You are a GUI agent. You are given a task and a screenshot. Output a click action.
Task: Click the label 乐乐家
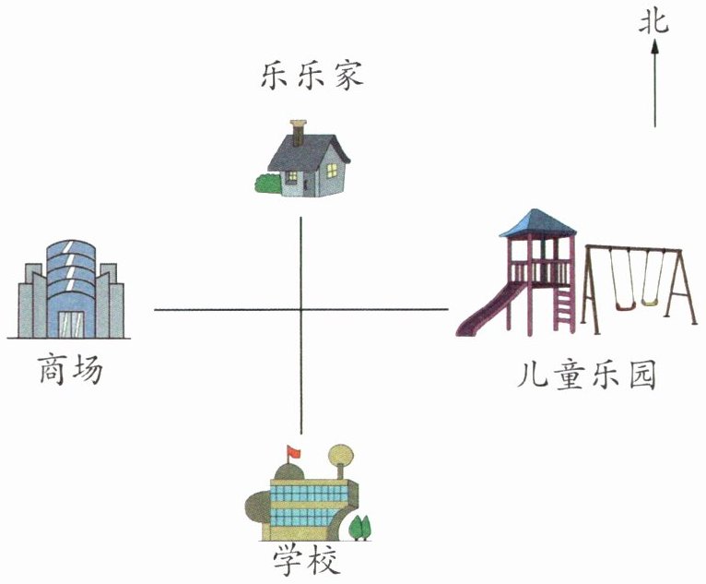tap(311, 75)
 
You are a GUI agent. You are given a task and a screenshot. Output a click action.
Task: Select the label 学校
tap(306, 560)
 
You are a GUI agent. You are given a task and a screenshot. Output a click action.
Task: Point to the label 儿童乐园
tap(587, 377)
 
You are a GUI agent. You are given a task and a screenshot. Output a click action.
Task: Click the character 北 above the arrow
tap(654, 23)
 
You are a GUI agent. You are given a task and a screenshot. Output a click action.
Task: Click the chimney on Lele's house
tap(298, 133)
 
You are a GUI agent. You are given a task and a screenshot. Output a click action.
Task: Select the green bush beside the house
tap(267, 184)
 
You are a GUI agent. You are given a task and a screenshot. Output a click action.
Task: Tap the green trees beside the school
tap(360, 528)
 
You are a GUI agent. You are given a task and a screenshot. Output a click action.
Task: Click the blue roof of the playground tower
tap(537, 222)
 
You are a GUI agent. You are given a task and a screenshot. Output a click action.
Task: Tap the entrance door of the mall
tap(71, 323)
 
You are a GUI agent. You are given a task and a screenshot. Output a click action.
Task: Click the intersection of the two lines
tap(301, 310)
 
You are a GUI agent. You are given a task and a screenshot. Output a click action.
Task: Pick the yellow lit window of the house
tap(289, 177)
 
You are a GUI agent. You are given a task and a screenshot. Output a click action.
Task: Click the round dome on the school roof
tap(341, 455)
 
